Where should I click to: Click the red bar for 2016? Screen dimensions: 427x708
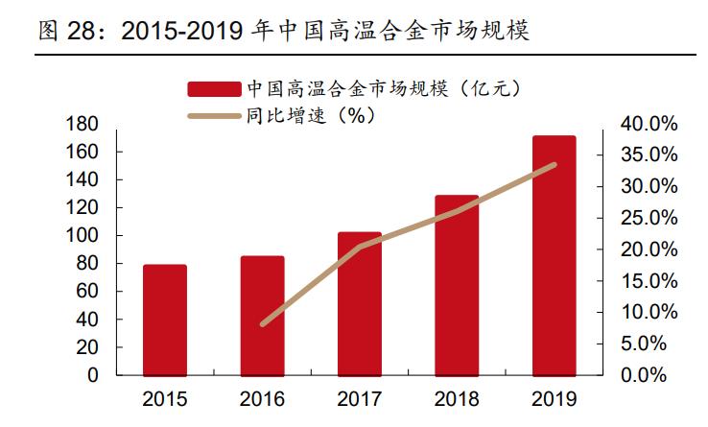[262, 316]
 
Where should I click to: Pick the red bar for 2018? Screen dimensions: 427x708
[457, 285]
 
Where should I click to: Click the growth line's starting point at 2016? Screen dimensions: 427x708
[263, 323]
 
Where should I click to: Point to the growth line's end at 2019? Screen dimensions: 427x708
[555, 165]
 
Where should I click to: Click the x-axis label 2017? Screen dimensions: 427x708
[360, 398]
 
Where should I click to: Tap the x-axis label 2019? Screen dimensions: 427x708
[555, 398]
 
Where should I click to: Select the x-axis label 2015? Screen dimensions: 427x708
[165, 398]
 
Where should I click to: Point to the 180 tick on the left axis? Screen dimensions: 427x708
[85, 125]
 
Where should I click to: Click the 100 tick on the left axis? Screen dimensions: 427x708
[85, 236]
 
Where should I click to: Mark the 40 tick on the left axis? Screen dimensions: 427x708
[90, 320]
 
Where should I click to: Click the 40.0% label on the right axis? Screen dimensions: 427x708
[649, 125]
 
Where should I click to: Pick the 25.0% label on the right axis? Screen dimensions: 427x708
[649, 219]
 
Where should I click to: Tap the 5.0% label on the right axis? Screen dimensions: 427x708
[654, 344]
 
